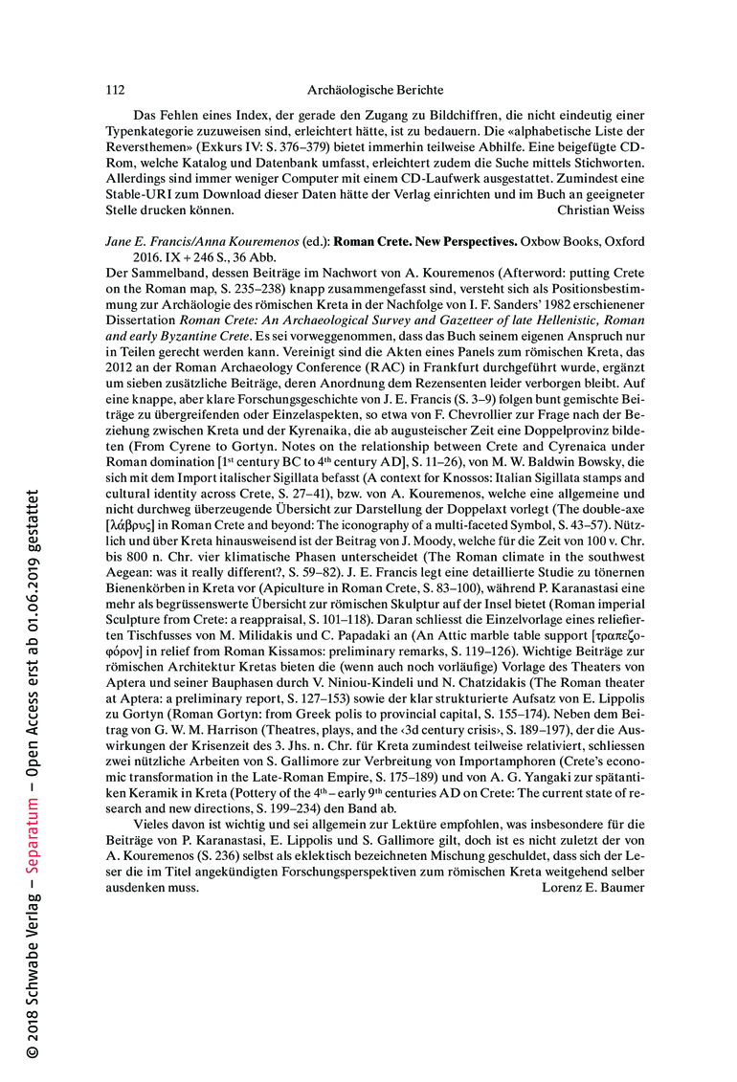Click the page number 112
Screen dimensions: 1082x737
(115, 90)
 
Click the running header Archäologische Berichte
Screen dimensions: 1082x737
(375, 90)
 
